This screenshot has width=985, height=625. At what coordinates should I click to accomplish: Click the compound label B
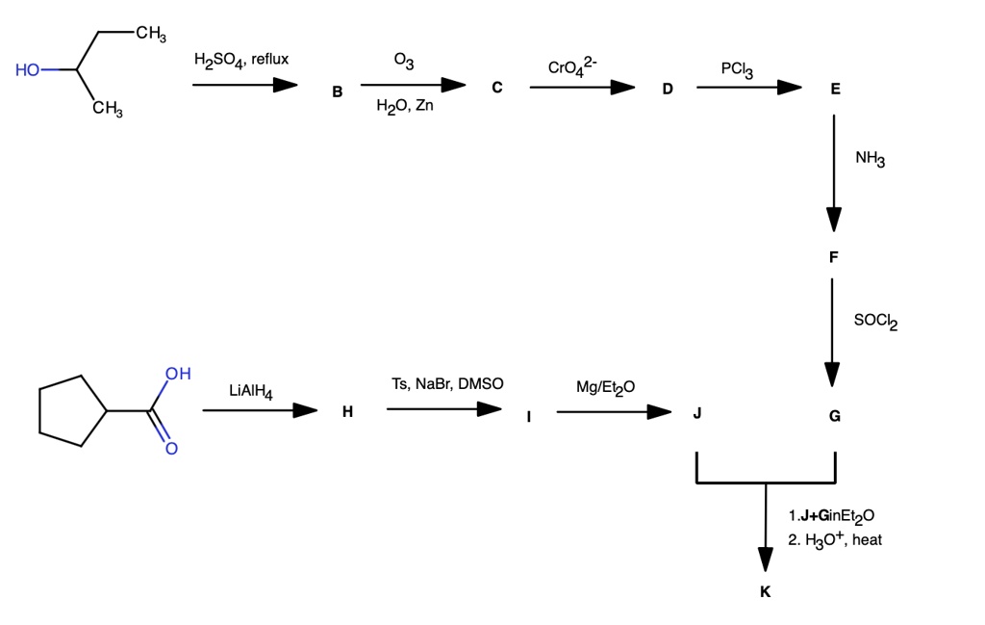pyautogui.click(x=337, y=93)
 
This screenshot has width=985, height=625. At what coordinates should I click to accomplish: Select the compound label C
pyautogui.click(x=496, y=88)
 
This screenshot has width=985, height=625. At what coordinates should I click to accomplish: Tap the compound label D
pyautogui.click(x=668, y=90)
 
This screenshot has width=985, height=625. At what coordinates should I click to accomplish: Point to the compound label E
pyautogui.click(x=834, y=90)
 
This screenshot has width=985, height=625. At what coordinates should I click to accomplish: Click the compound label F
pyautogui.click(x=833, y=257)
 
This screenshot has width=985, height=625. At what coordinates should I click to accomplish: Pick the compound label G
pyautogui.click(x=834, y=416)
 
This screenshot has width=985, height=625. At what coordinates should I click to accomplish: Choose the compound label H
pyautogui.click(x=346, y=412)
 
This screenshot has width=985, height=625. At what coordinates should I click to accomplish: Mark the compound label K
pyautogui.click(x=765, y=592)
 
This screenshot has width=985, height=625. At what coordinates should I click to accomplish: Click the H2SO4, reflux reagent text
pyautogui.click(x=240, y=61)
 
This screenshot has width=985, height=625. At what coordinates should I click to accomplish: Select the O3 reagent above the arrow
pyautogui.click(x=404, y=63)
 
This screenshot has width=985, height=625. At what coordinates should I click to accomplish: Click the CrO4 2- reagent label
pyautogui.click(x=572, y=66)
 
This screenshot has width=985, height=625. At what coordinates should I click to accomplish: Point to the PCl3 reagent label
pyautogui.click(x=737, y=70)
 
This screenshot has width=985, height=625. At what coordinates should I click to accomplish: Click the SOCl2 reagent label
pyautogui.click(x=874, y=321)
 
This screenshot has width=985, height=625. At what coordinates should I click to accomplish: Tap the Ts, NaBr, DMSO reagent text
pyautogui.click(x=447, y=384)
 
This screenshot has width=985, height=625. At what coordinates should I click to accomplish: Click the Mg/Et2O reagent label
pyautogui.click(x=605, y=387)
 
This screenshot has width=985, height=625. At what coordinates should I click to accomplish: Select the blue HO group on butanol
pyautogui.click(x=29, y=70)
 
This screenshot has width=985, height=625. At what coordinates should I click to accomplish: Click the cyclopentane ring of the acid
pyautogui.click(x=69, y=411)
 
